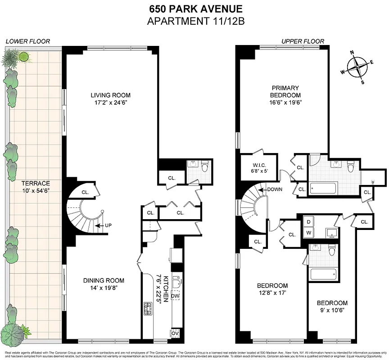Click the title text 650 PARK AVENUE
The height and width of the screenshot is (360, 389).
coord(194,9)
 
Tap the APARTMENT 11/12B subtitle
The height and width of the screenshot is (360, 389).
coord(194,20)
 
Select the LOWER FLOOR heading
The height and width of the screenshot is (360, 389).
coord(27,41)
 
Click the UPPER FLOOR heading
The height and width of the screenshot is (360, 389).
coord(303,41)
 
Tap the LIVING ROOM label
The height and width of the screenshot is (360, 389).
coord(110,95)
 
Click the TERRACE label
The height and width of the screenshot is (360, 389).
coord(36,183)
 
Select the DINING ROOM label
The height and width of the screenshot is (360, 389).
coord(104,280)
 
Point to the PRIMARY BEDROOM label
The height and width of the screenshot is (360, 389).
coord(285,91)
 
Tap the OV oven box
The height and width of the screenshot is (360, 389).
coord(175,333)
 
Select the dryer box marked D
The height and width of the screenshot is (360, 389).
coord(309,222)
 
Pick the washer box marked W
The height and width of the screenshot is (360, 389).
coord(309,232)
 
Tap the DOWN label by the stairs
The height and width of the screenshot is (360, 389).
coord(274,189)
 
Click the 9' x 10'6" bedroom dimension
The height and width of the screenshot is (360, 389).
coord(332,310)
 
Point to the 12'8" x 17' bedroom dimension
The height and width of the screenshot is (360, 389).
coord(272,293)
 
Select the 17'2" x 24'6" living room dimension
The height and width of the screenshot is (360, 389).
coord(110,103)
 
